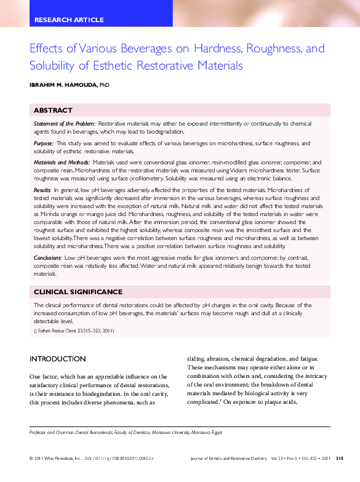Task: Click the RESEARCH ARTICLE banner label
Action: click(x=69, y=20)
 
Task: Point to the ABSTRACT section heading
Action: click(x=53, y=110)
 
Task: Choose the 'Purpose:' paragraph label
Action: click(x=44, y=143)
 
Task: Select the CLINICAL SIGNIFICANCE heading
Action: click(x=78, y=292)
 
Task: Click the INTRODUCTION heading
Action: click(x=58, y=359)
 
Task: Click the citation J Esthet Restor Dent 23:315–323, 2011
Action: click(x=74, y=331)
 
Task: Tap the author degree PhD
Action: click(x=104, y=85)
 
